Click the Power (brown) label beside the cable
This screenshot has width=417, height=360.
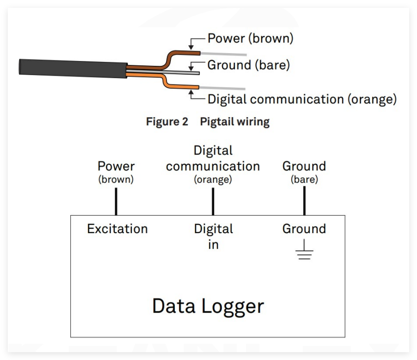pyautogui.click(x=250, y=38)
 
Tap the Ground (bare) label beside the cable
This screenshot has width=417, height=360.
pyautogui.click(x=249, y=64)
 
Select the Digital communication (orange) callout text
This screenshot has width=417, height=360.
pyautogui.click(x=302, y=100)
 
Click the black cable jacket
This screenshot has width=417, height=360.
pyautogui.click(x=73, y=68)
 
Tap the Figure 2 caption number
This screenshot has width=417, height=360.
pyautogui.click(x=167, y=121)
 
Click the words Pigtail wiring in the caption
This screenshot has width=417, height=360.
pyautogui.click(x=234, y=121)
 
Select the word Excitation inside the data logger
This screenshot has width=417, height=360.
pyautogui.click(x=117, y=229)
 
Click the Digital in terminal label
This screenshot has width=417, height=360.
pyautogui.click(x=213, y=236)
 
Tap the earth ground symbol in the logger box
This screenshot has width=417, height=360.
pyautogui.click(x=304, y=250)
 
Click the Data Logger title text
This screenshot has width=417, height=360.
pyautogui.click(x=208, y=306)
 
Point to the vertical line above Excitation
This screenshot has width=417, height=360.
pyautogui.click(x=116, y=200)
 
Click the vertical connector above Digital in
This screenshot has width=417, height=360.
pyautogui.click(x=213, y=200)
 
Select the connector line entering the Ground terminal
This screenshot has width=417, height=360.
pyautogui.click(x=304, y=200)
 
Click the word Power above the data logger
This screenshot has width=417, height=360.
pyautogui.click(x=116, y=166)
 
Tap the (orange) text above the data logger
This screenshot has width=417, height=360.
pyautogui.click(x=213, y=180)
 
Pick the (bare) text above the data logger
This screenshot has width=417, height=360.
pyautogui.click(x=304, y=180)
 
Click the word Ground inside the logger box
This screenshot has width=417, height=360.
pyautogui.click(x=304, y=229)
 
